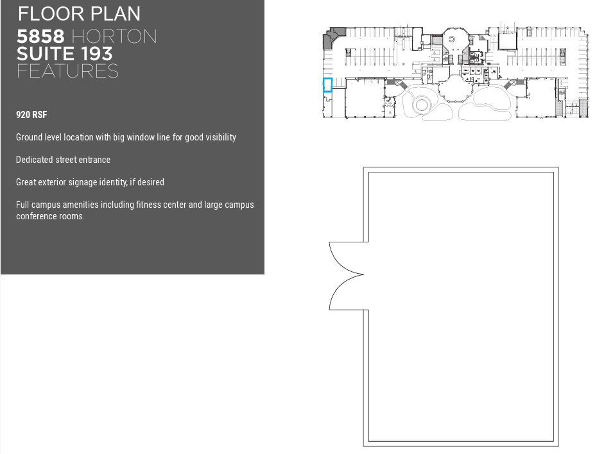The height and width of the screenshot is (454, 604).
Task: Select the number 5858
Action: pos(40,37)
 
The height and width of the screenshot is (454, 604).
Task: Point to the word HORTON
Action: pos(114,37)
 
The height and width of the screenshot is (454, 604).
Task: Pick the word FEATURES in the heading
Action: pos(67,71)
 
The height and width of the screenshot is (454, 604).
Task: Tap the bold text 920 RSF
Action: pos(31,115)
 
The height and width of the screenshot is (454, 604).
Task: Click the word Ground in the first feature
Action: pos(29,137)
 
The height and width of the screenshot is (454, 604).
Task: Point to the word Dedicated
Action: pos(35,160)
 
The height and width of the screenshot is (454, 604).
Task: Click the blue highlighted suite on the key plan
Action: pos(327,85)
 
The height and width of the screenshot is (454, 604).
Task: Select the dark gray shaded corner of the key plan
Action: pos(331,37)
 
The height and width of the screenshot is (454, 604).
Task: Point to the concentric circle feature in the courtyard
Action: pos(422,105)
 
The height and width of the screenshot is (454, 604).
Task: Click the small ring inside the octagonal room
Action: pos(452,40)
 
